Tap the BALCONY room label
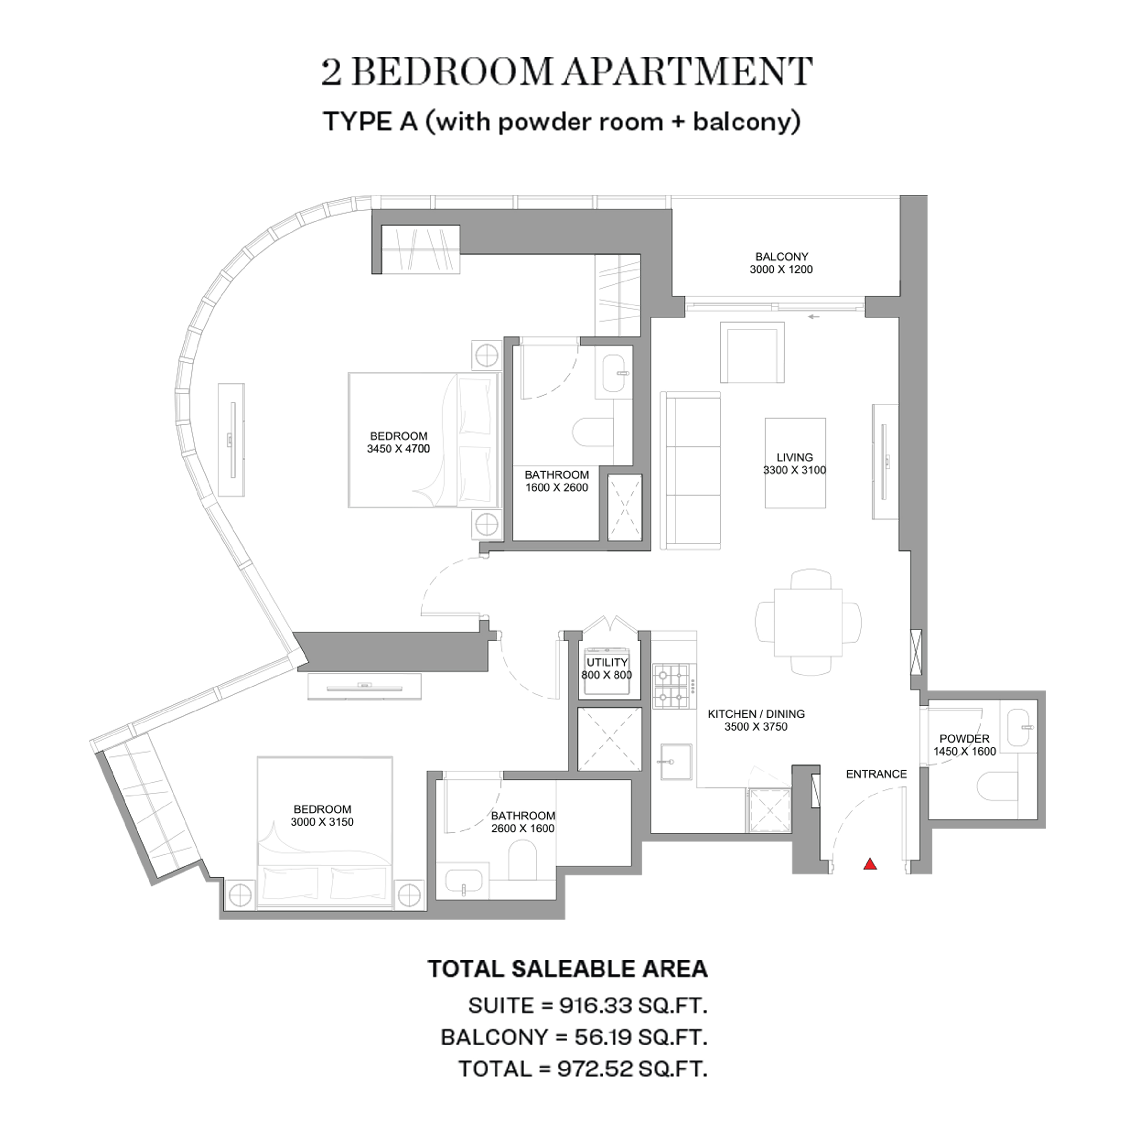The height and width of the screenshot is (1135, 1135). tap(781, 257)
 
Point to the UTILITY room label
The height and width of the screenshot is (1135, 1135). tap(607, 662)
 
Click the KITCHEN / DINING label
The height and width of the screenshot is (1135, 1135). tap(756, 714)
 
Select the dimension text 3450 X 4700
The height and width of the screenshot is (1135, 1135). tap(398, 449)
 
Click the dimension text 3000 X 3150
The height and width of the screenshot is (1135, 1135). tap(322, 822)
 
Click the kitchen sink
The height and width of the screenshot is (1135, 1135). tap(675, 762)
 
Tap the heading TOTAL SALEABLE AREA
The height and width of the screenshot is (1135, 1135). tap(567, 968)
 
